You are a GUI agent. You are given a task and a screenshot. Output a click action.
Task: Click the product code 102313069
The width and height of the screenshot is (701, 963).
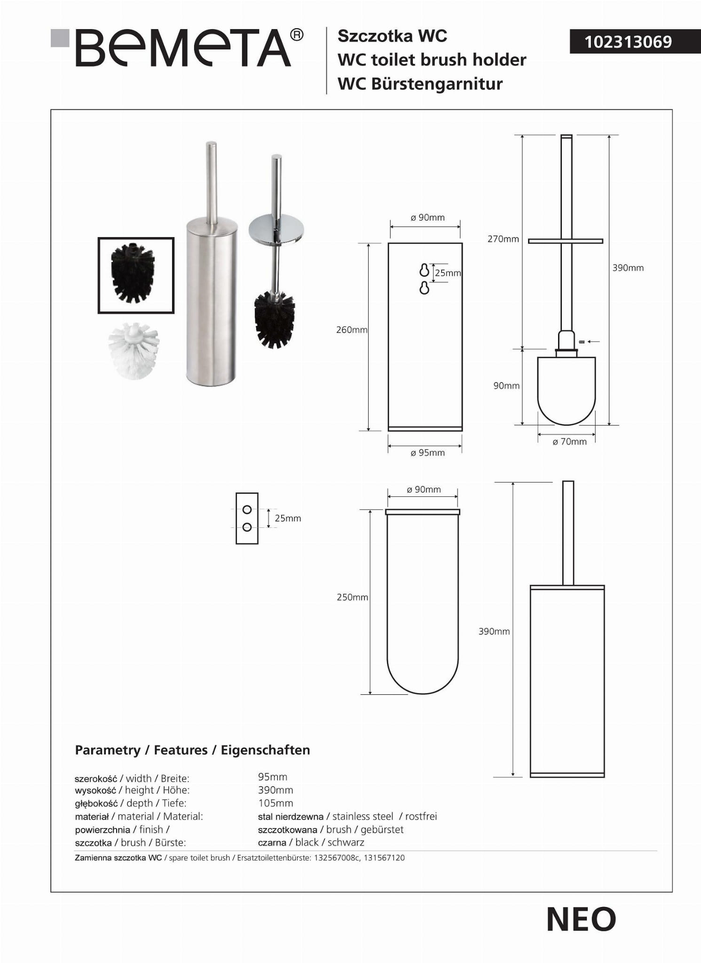click(628, 42)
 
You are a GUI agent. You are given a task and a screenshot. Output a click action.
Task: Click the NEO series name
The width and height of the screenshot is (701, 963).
click(581, 920)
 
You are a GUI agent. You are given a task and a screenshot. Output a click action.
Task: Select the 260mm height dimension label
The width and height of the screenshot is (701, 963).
click(352, 330)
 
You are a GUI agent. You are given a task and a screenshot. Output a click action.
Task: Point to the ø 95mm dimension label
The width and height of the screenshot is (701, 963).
click(427, 453)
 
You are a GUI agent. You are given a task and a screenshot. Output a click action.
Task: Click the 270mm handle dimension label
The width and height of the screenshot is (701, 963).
click(503, 239)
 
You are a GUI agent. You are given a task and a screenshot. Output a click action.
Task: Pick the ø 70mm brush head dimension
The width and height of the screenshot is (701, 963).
click(569, 442)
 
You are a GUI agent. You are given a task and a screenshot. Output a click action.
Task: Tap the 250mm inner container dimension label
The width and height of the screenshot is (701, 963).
click(352, 597)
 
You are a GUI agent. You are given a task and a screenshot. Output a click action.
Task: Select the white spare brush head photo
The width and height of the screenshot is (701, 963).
click(134, 350)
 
